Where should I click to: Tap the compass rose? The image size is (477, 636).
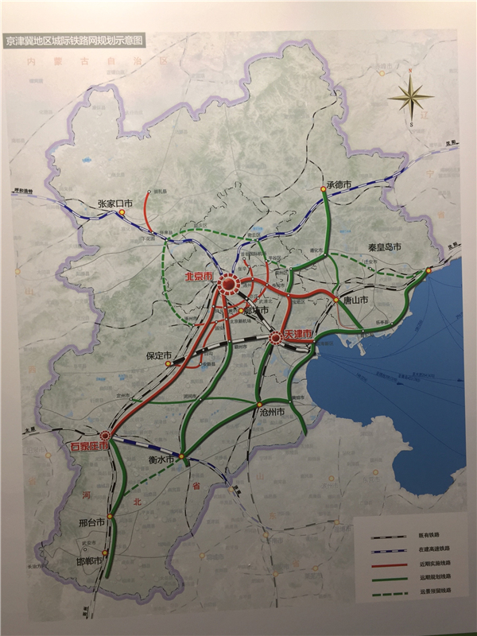[x=410, y=98]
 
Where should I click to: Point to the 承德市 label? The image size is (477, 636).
[x=339, y=185]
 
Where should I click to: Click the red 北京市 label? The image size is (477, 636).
[x=199, y=277]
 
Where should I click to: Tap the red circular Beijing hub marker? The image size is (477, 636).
[x=229, y=284]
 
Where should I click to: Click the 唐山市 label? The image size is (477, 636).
[x=359, y=300]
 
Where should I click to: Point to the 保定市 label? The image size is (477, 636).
[x=158, y=355]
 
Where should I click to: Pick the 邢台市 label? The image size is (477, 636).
[x=92, y=525]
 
